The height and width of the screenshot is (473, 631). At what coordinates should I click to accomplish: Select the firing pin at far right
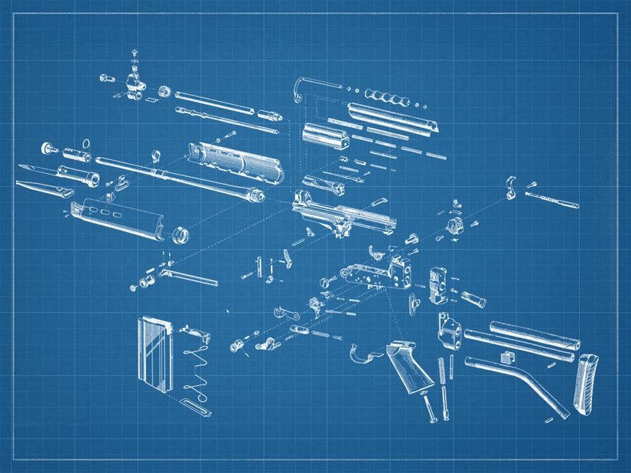[552, 199]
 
